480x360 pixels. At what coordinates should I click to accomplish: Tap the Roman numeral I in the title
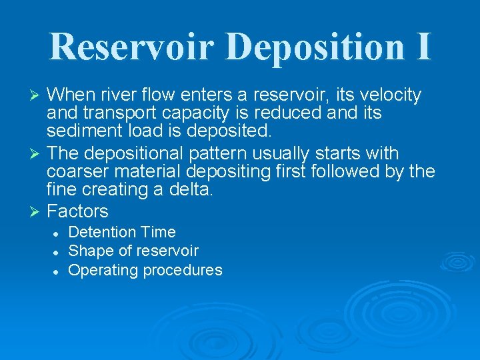click(x=421, y=46)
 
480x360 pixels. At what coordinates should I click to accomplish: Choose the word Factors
click(x=77, y=212)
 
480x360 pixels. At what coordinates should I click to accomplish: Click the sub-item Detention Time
click(x=122, y=232)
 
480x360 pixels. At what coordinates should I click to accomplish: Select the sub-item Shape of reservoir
click(x=133, y=251)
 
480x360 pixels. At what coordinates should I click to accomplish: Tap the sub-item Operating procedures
click(x=145, y=270)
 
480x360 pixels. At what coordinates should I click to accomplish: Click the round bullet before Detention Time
click(x=57, y=233)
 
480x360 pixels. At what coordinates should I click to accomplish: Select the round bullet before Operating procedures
click(x=57, y=271)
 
